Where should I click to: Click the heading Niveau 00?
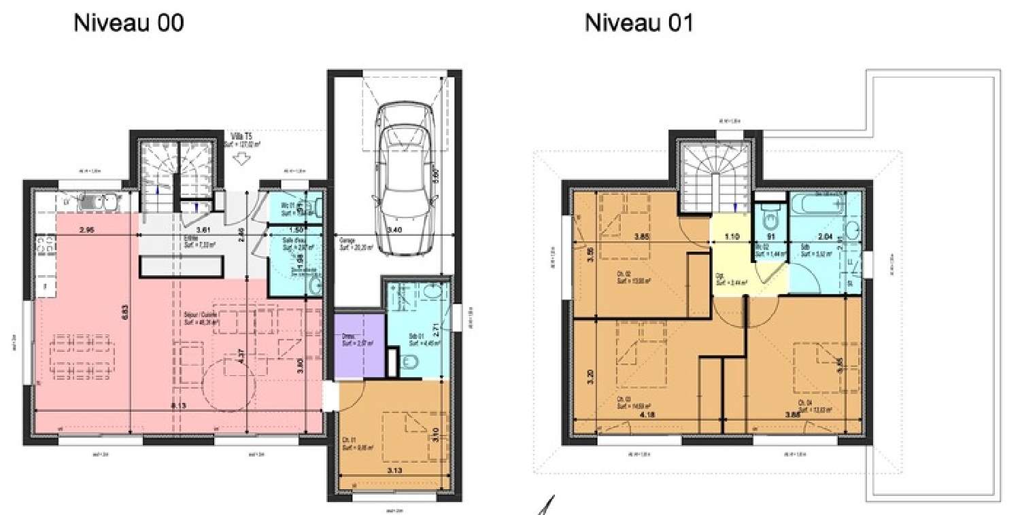click(128, 24)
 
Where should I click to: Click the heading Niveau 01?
click(639, 24)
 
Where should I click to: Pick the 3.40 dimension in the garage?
click(394, 230)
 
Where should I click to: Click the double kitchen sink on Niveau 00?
click(98, 202)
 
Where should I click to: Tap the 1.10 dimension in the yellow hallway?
click(731, 237)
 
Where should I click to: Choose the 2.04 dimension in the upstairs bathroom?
click(824, 237)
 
